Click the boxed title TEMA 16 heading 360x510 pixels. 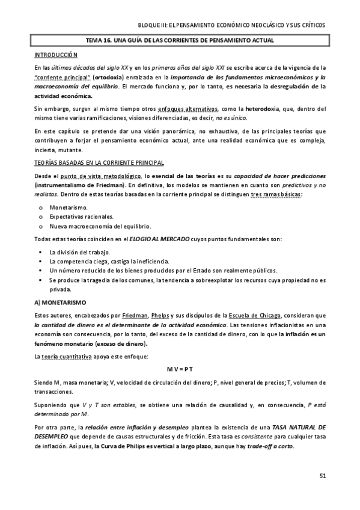coord(180,40)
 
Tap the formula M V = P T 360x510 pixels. coord(180,368)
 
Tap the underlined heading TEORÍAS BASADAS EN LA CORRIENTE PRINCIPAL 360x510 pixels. coord(99,163)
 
